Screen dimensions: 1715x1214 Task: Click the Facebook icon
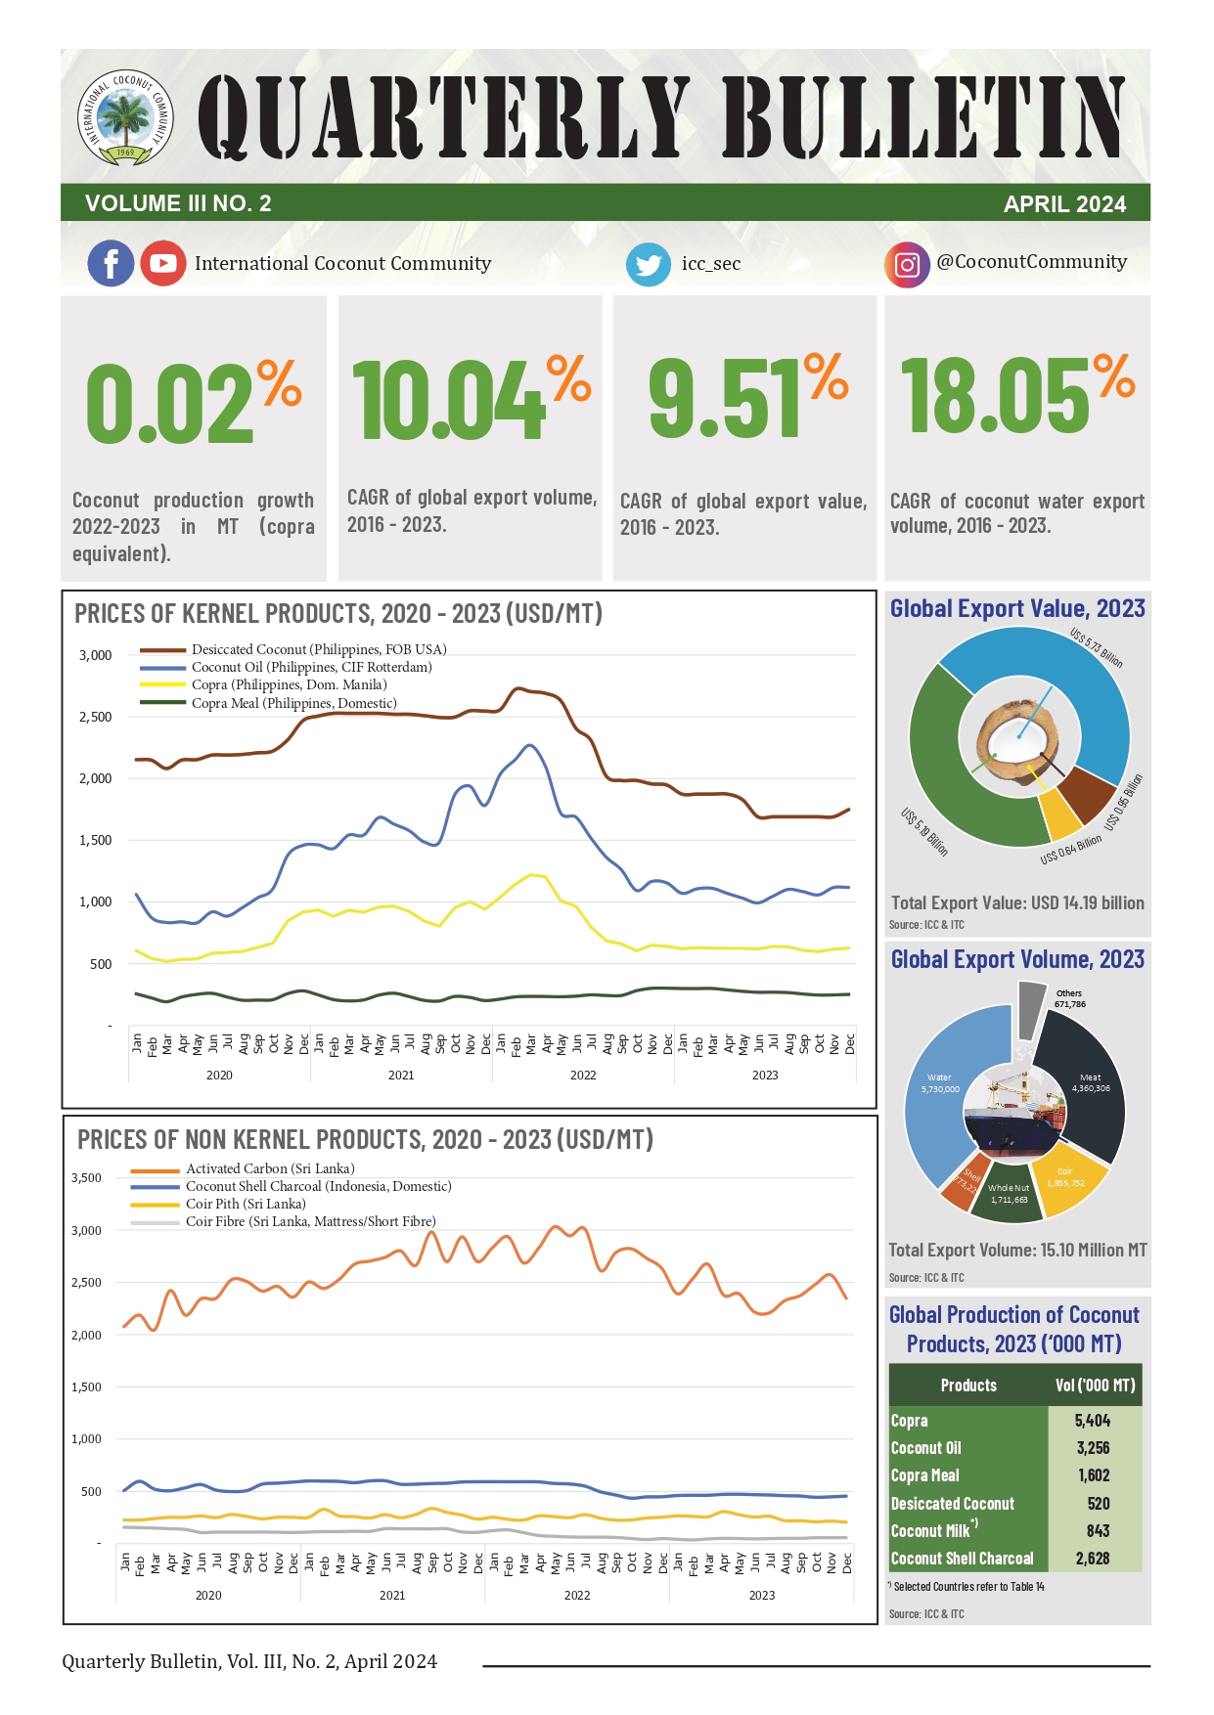click(x=111, y=263)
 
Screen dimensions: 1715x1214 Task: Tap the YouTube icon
click(x=162, y=263)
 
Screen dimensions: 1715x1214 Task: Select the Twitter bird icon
click(x=648, y=264)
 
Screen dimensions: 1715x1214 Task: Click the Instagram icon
click(x=907, y=264)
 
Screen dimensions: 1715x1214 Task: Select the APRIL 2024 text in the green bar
click(x=1064, y=204)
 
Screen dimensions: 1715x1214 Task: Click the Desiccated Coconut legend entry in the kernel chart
click(x=318, y=649)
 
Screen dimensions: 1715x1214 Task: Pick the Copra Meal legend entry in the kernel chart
click(x=293, y=703)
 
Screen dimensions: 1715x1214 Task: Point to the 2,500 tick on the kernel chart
click(x=95, y=717)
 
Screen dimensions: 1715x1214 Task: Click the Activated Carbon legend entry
click(x=270, y=1168)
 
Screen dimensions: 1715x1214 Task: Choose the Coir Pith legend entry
click(x=246, y=1204)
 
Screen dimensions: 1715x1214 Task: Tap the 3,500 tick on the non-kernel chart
click(x=86, y=1177)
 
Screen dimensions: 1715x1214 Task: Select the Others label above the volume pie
click(x=1069, y=993)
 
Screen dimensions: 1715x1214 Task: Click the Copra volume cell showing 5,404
click(x=1093, y=1421)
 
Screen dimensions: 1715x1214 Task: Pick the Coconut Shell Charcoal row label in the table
click(x=963, y=1559)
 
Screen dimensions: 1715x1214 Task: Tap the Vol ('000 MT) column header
click(x=1095, y=1385)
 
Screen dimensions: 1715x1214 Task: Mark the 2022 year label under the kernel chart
click(x=583, y=1075)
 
